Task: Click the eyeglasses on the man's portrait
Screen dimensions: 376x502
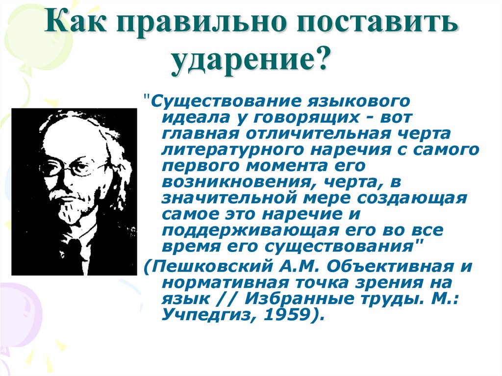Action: coord(74,167)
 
